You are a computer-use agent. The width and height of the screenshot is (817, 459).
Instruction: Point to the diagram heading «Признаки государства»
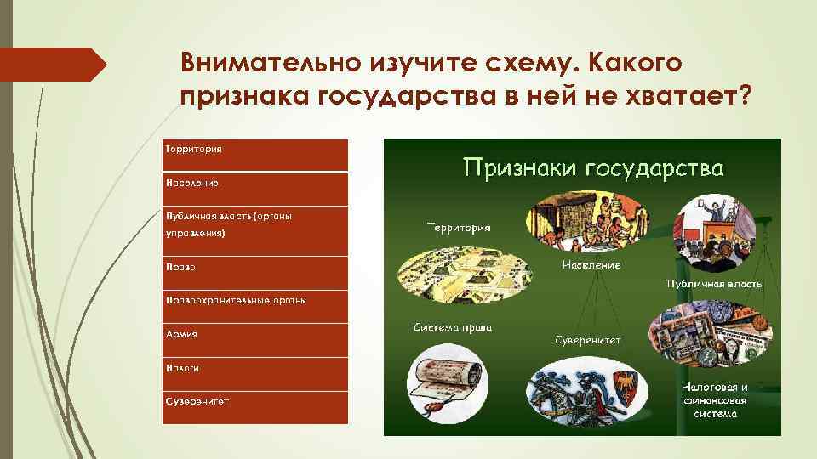[592, 167]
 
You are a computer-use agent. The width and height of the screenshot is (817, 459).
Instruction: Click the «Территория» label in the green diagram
[459, 228]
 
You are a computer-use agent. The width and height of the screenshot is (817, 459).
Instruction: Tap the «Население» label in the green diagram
[591, 265]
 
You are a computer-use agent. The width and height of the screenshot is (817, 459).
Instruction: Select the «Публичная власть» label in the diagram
[714, 283]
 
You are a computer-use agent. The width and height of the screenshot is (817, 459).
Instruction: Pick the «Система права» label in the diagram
[453, 328]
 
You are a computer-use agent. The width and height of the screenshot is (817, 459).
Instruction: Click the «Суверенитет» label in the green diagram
[588, 339]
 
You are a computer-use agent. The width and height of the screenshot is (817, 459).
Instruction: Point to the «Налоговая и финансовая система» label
[714, 399]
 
